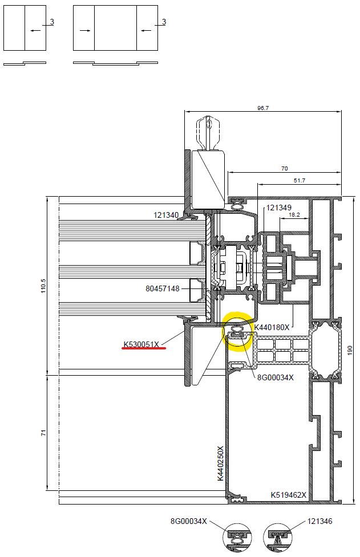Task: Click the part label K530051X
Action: coord(141,344)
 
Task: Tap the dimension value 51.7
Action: coord(300,180)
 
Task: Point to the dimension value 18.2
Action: coord(294,214)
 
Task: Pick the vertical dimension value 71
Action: coord(43,433)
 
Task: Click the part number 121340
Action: coord(166,215)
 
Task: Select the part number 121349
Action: coord(278,208)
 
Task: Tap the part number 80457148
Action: coord(162,288)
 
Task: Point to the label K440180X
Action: coord(272,327)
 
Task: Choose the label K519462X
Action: coord(288,494)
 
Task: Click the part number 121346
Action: coord(319,521)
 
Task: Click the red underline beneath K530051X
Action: coord(144,348)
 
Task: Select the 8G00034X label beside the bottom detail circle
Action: coord(189,521)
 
